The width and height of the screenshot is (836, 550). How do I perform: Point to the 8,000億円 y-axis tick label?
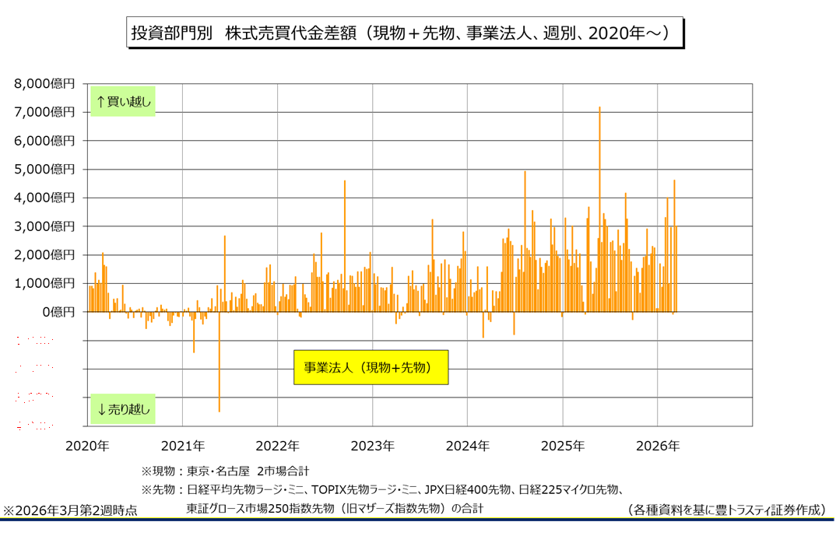[45, 83]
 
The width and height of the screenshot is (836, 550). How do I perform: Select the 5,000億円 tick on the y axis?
[45, 169]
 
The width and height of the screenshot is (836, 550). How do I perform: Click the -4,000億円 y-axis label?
[43, 426]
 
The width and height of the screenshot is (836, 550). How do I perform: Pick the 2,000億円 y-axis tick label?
[45, 254]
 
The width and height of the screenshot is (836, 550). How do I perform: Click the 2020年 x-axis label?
[87, 447]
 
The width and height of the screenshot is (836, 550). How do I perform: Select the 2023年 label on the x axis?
[372, 447]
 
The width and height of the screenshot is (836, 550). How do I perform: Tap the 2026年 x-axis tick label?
[658, 447]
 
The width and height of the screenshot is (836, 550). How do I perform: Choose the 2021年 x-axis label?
[182, 447]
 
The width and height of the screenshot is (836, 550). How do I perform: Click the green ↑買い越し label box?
[123, 101]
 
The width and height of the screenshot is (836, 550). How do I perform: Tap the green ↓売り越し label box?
[123, 407]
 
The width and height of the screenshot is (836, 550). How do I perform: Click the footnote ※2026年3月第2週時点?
[70, 511]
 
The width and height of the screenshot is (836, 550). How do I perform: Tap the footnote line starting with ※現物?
[225, 471]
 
